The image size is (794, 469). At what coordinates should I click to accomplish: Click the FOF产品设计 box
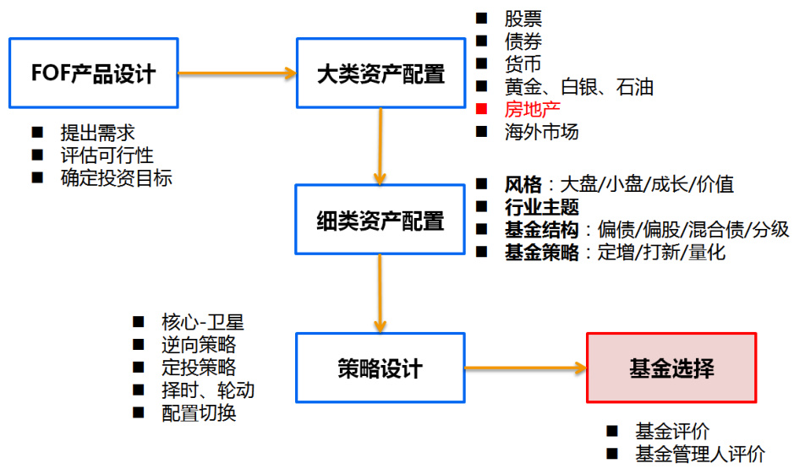[x=93, y=73]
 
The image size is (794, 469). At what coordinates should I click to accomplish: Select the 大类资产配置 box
[x=381, y=73]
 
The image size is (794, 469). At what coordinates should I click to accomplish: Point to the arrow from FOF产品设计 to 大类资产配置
[x=237, y=73]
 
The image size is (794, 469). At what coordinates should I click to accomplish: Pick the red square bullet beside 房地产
[x=481, y=109]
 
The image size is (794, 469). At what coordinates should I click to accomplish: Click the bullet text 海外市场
[x=542, y=132]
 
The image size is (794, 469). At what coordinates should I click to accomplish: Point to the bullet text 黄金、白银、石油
[x=579, y=86]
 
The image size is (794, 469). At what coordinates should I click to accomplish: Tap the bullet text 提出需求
[x=97, y=133]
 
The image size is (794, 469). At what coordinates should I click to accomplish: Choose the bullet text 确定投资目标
[x=116, y=178]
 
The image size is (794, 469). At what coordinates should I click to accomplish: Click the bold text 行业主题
[x=542, y=206]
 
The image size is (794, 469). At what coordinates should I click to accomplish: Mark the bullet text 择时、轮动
[x=207, y=390]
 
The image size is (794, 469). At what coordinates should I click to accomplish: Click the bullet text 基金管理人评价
[x=700, y=454]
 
